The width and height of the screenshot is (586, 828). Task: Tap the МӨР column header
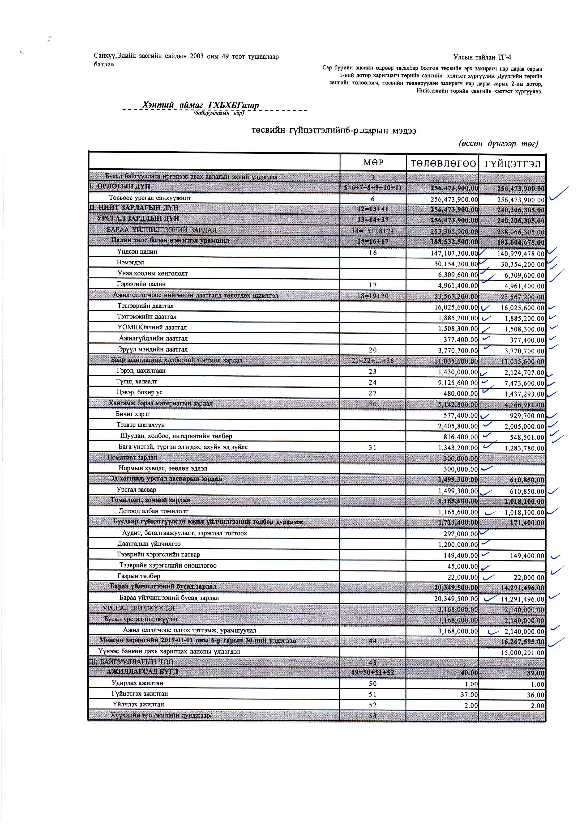tap(373, 163)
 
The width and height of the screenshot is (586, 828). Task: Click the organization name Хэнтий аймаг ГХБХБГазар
tap(201, 105)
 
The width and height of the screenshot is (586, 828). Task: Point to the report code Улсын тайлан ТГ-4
tap(482, 57)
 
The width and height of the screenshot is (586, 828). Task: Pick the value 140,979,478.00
tap(521, 254)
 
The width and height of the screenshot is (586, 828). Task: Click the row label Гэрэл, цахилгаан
tap(141, 371)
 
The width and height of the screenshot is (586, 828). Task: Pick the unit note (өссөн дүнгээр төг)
tap(498, 144)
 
